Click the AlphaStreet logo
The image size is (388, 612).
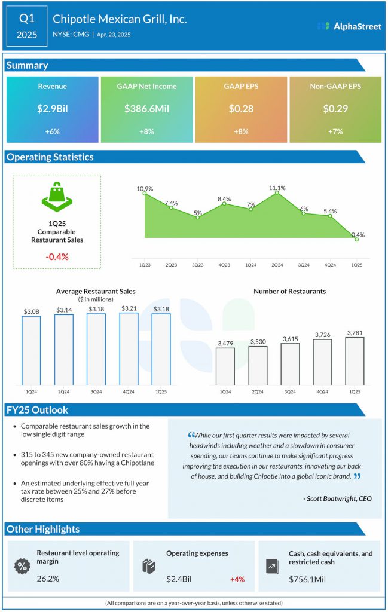tap(349, 26)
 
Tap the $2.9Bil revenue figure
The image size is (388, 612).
tap(52, 109)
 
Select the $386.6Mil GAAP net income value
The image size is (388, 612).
tap(146, 109)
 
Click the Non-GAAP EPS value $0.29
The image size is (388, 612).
tap(335, 109)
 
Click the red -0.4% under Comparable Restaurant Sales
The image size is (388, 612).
tap(57, 256)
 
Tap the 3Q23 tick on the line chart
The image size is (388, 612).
tap(197, 264)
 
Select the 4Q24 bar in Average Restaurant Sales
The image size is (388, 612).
tap(129, 349)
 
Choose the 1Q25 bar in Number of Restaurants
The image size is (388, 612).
tap(355, 361)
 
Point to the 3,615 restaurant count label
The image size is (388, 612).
tap(290, 338)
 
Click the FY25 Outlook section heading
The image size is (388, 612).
tap(37, 410)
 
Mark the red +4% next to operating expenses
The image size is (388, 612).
tap(237, 579)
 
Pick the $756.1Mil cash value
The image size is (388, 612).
tap(308, 579)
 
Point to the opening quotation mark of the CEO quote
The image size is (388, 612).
tap(191, 435)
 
